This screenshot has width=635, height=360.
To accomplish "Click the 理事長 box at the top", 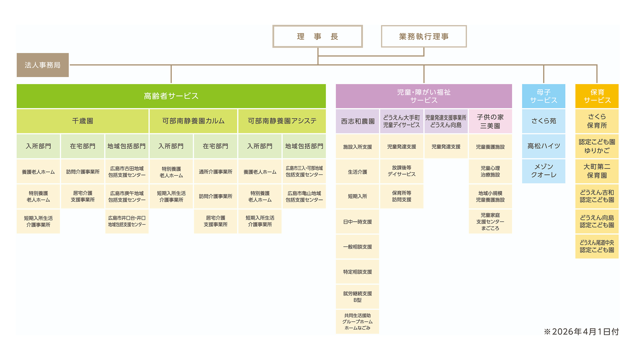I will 317,37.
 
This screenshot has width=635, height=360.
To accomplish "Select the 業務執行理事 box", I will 424,37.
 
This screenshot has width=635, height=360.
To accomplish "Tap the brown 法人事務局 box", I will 43,65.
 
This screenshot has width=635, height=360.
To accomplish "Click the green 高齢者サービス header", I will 171,96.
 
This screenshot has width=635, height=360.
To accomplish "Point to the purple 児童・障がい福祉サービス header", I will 424,96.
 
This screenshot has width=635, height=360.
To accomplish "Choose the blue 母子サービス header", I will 544,96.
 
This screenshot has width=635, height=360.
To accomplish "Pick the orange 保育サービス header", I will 597,96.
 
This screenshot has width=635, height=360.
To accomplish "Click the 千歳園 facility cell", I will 83,121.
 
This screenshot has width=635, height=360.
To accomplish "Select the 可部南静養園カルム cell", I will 193,121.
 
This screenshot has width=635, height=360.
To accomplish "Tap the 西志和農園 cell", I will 358,121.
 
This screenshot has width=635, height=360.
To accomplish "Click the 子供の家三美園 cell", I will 490,121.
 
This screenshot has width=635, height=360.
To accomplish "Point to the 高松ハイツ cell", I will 544,146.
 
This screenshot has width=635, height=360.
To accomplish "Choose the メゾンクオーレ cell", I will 544,171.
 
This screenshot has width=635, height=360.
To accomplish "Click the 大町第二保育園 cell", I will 597,171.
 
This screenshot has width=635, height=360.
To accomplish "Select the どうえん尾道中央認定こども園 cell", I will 597,246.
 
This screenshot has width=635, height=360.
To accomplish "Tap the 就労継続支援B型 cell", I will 358,297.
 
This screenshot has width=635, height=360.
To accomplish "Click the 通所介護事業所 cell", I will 216,172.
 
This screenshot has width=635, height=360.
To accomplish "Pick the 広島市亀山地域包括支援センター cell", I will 304,197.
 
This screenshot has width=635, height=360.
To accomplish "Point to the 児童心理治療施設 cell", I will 490,171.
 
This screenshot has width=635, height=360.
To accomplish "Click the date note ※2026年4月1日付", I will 581,332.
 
